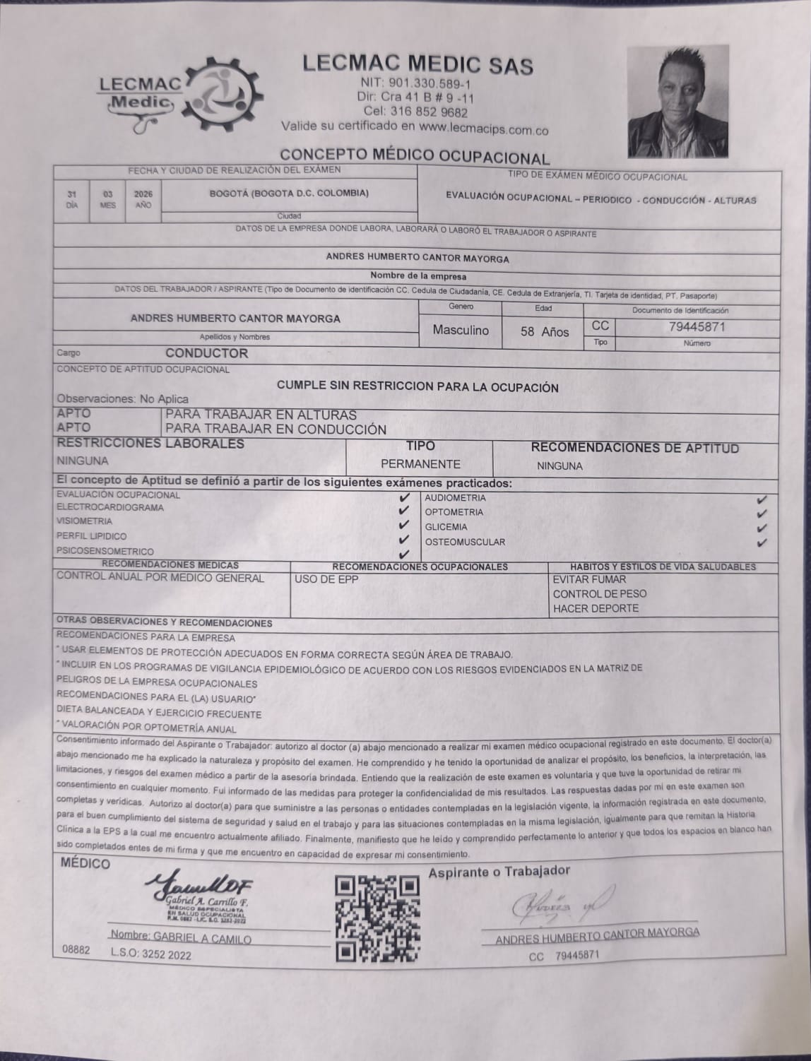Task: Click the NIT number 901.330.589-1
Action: [x=415, y=83]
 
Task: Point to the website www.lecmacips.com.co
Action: [x=483, y=130]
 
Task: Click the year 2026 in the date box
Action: [x=143, y=194]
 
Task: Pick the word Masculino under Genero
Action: [x=461, y=330]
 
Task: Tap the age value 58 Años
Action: [x=545, y=331]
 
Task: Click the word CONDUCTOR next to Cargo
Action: [x=206, y=353]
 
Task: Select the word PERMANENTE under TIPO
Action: [x=420, y=464]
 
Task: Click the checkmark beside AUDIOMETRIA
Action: [x=762, y=499]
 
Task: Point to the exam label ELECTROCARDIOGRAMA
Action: [x=110, y=508]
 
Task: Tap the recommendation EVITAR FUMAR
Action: [x=589, y=579]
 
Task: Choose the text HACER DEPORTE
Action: [x=596, y=608]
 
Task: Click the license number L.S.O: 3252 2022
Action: [x=150, y=954]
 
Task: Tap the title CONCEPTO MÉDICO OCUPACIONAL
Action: [x=414, y=155]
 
